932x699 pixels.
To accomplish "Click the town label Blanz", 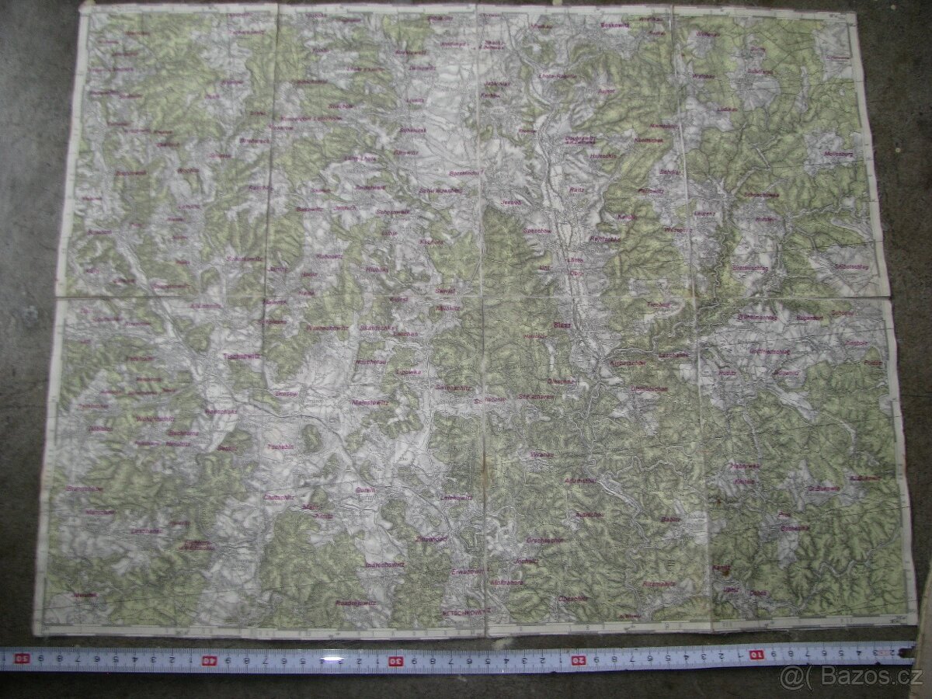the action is [x=561, y=325].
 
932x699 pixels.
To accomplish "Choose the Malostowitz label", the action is [x=369, y=403].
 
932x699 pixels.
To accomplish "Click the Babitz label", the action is [x=670, y=519].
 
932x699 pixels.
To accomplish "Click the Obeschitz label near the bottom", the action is [x=573, y=599].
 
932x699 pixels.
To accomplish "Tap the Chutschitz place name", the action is [x=278, y=497].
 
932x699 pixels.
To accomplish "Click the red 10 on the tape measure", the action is [x=756, y=654].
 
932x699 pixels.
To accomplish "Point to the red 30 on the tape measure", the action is [x=395, y=660].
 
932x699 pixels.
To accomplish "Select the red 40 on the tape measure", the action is [x=209, y=660].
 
